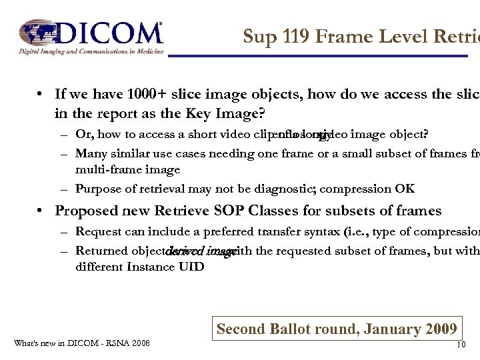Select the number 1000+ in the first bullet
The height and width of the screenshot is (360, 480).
[x=129, y=95]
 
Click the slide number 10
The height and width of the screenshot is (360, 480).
[x=460, y=345]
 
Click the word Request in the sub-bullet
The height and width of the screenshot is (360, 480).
[x=98, y=231]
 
